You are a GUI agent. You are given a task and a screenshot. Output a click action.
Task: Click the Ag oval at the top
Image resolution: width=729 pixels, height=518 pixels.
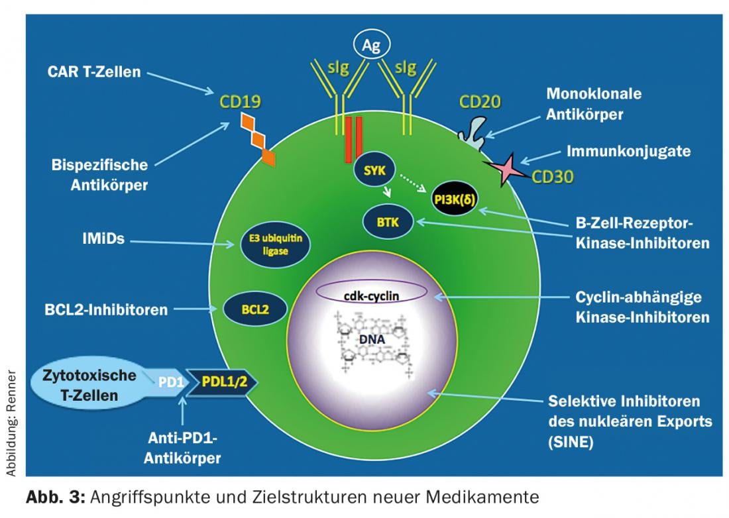(x=371, y=46)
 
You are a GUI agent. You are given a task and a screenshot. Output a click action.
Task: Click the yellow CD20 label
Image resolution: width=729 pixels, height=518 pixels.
(x=480, y=102)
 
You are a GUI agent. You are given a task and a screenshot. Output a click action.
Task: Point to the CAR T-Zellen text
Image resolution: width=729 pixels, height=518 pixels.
(x=94, y=72)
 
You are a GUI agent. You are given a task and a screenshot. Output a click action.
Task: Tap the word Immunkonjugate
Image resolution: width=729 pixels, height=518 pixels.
(x=628, y=151)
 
